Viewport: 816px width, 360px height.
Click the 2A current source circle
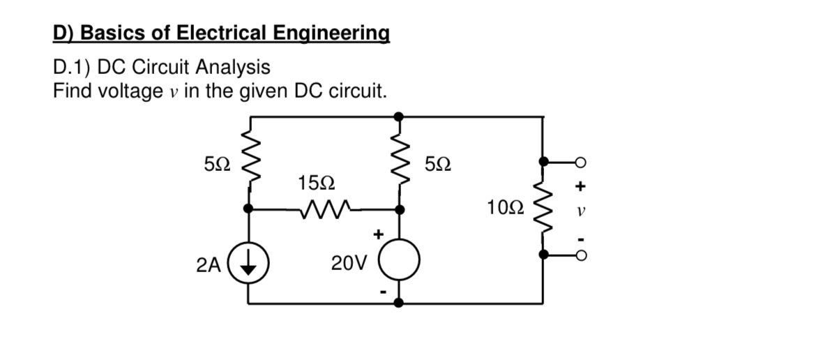pyautogui.click(x=249, y=265)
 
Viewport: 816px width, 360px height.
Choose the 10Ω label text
pyautogui.click(x=506, y=207)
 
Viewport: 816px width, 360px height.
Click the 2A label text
pyautogui.click(x=208, y=265)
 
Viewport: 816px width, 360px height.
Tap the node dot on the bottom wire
pyautogui.click(x=398, y=303)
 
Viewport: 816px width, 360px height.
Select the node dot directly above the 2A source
pyautogui.click(x=249, y=208)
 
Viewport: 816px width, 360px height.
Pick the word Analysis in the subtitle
pyautogui.click(x=232, y=68)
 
